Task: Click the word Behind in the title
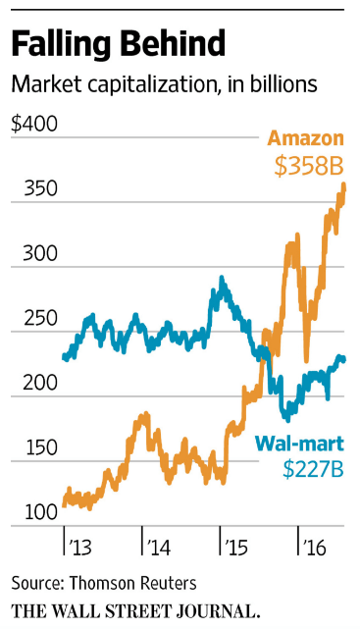tap(173, 44)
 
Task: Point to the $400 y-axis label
tap(33, 125)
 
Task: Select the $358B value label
tap(308, 167)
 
